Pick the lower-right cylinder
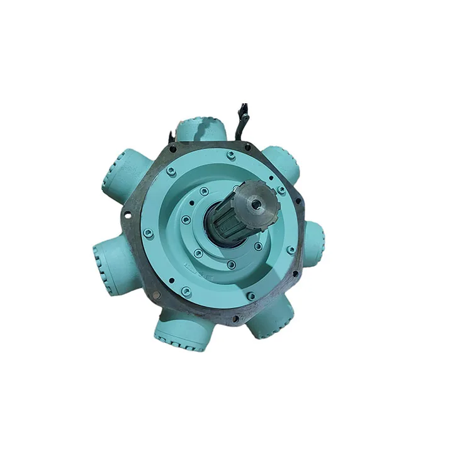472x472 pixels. pos(271,317)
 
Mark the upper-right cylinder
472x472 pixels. pos(281,162)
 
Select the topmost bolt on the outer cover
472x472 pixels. pos(232,155)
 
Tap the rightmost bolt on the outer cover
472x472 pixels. pos(291,250)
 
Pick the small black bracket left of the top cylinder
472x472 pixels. pos(171,135)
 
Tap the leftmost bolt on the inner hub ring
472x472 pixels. pos(186,220)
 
